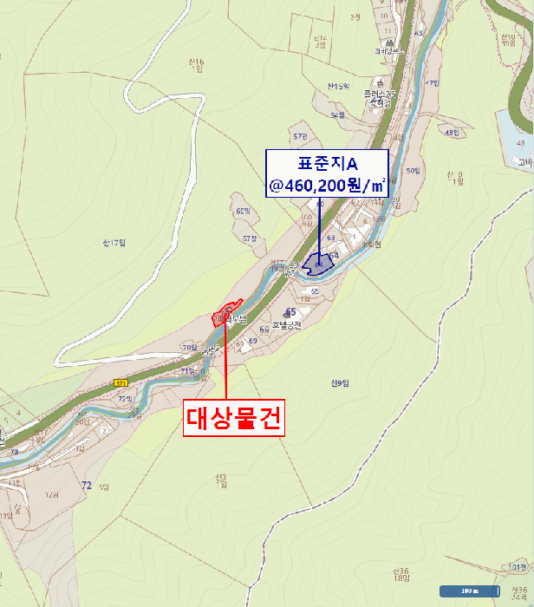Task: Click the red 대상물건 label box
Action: tap(234, 419)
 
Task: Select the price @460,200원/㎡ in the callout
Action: tap(328, 185)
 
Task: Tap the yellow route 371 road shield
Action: tap(120, 382)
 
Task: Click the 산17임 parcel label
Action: tap(114, 242)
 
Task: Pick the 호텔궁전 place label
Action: tap(285, 326)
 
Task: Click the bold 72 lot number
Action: tap(86, 485)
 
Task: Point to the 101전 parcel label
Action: tap(517, 567)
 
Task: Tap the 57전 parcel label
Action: tap(301, 136)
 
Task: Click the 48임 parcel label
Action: tap(451, 132)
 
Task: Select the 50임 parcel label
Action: tap(412, 171)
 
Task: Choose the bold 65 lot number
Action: tap(291, 311)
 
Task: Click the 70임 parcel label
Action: tap(189, 348)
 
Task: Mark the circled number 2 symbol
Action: tap(105, 429)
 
